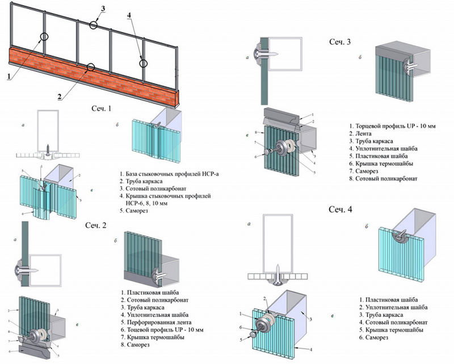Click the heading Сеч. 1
click(x=102, y=107)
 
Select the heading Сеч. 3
click(x=340, y=41)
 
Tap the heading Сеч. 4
click(x=340, y=209)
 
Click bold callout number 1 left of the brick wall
click(x=10, y=73)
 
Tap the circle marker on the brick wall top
click(x=90, y=68)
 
